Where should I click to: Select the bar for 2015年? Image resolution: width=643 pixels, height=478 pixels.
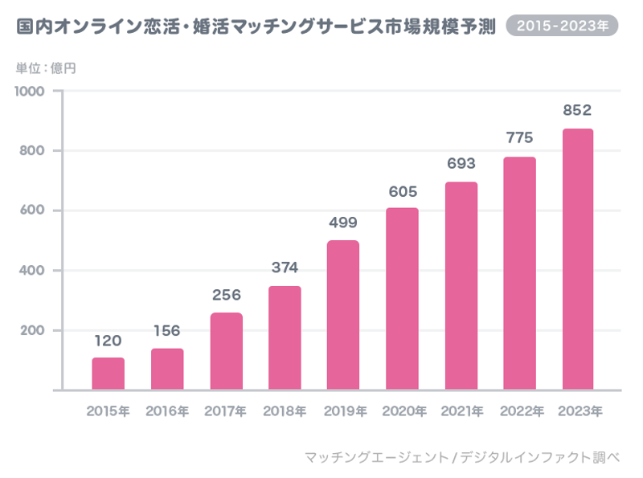[109, 374]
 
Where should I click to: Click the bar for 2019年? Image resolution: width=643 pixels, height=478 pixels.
[343, 315]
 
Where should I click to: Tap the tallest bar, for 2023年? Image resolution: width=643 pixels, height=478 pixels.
[578, 259]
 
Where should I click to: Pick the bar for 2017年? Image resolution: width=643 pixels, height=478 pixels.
[226, 351]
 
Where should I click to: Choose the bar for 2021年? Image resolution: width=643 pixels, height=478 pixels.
[461, 286]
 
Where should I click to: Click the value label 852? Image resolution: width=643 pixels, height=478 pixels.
[578, 109]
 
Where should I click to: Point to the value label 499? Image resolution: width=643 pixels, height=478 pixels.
[343, 222]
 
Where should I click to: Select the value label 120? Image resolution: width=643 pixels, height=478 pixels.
[109, 341]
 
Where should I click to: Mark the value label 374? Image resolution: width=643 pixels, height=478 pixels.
[285, 268]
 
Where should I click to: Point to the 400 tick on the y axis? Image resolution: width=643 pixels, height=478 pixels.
[36, 271]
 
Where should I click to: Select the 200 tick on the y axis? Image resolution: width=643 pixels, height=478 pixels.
[36, 330]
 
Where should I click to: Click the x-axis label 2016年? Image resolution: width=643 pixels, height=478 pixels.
[167, 411]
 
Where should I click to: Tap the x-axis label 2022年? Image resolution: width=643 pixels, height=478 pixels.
[521, 411]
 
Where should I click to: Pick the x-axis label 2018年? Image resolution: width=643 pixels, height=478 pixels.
[285, 411]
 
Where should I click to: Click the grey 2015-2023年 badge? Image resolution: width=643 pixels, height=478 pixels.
[562, 27]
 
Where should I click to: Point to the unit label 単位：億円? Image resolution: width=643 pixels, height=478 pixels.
[46, 67]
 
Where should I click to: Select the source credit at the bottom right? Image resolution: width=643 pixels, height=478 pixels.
[462, 457]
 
